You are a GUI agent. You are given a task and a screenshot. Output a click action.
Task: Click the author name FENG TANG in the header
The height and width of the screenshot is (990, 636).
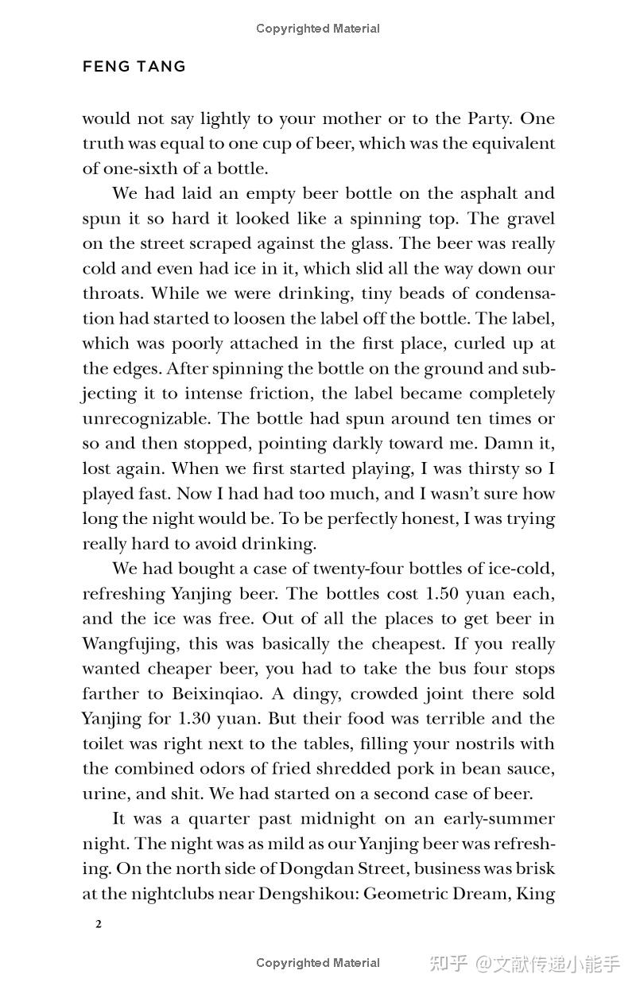tap(134, 67)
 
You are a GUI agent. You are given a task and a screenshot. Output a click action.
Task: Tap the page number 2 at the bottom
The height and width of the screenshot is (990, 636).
tap(98, 923)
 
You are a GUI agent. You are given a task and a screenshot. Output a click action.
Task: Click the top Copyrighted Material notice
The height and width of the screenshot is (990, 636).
tap(318, 29)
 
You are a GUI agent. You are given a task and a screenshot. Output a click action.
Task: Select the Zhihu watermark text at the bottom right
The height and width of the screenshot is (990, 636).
tap(524, 964)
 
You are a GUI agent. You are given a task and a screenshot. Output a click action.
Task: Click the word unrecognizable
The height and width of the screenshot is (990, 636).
tap(147, 419)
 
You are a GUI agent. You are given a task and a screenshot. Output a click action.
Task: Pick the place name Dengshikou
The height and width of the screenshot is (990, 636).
tap(307, 894)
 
